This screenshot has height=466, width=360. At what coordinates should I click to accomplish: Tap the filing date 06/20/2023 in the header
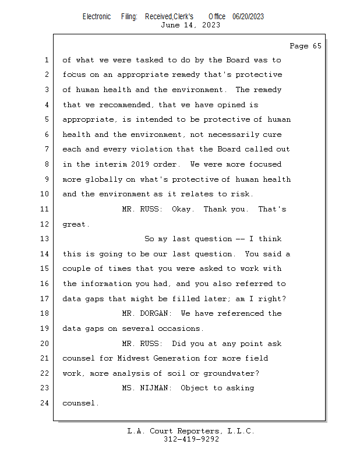(248, 16)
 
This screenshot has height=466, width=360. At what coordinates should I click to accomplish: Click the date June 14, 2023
(190, 25)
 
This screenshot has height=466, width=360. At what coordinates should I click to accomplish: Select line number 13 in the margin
(46, 239)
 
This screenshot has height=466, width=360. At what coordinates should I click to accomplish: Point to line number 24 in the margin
(46, 403)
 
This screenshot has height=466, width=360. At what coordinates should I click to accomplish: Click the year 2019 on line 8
(153, 164)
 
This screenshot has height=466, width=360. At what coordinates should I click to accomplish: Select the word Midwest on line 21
(133, 358)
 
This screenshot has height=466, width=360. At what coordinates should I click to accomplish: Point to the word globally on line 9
(100, 179)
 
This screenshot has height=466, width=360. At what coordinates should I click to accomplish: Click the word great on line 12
(75, 224)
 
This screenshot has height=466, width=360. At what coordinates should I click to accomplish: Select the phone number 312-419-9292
(191, 439)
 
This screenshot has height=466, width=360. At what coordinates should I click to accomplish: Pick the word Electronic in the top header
(97, 16)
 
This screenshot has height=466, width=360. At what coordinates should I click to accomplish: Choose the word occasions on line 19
(179, 329)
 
